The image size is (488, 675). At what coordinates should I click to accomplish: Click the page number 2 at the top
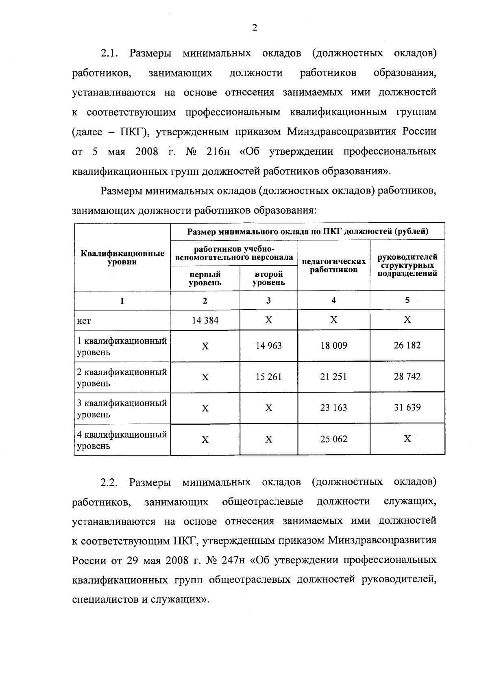255,28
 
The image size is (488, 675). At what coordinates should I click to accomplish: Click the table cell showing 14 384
205,320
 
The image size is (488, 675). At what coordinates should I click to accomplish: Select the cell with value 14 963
268,345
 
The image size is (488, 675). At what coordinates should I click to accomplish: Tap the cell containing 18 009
333,345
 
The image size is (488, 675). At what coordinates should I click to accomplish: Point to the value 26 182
407,345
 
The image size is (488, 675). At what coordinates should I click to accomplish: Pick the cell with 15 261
268,377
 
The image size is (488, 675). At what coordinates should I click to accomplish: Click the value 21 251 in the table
333,377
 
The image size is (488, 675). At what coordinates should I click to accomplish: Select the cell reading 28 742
407,376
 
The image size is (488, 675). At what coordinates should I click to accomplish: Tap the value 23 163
333,408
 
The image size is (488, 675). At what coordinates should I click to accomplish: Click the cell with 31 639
407,407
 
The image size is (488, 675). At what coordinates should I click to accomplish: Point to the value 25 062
333,439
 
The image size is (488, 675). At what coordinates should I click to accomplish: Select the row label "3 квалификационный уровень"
122,409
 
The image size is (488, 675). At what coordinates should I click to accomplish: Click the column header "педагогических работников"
333,265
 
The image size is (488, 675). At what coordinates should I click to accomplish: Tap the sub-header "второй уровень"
268,278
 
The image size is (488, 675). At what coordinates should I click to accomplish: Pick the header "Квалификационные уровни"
122,258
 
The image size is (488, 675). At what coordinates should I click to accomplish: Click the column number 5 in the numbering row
407,300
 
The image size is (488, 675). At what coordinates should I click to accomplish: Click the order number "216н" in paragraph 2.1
218,152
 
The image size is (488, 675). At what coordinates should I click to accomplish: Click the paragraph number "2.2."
109,482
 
